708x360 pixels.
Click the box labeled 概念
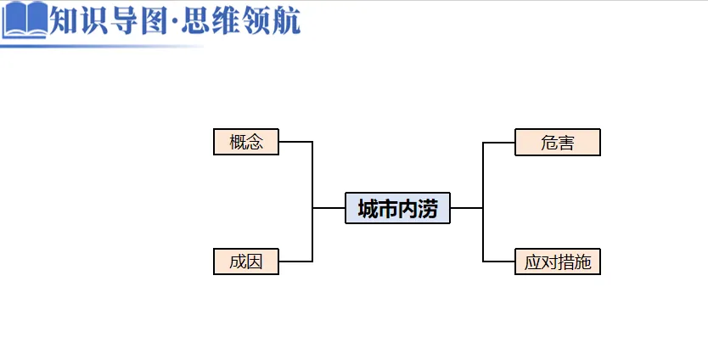246,142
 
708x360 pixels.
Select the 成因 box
246,262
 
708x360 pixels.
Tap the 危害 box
557,143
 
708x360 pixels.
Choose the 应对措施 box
557,262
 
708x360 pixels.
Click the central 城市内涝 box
397,208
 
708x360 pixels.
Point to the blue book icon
25,20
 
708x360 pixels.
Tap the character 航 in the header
286,20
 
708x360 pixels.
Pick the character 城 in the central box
368,209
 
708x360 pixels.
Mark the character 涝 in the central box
428,209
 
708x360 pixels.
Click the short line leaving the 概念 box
295,142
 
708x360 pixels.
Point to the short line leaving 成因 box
295,262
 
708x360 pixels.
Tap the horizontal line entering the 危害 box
499,143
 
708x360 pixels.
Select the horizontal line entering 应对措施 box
499,262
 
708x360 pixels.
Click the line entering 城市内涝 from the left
329,208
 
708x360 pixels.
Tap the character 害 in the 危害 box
566,143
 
